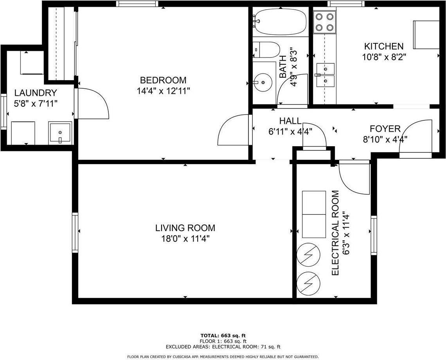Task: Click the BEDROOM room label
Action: [163, 81]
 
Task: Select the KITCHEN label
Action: [383, 47]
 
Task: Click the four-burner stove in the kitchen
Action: [326, 22]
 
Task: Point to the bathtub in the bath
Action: [280, 22]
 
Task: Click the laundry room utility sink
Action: [60, 133]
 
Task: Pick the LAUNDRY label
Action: [36, 93]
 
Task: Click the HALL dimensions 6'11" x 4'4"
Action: [290, 132]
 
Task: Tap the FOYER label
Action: [385, 129]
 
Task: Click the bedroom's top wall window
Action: [137, 4]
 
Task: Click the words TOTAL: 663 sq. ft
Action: [223, 335]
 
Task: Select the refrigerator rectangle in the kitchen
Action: [426, 34]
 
